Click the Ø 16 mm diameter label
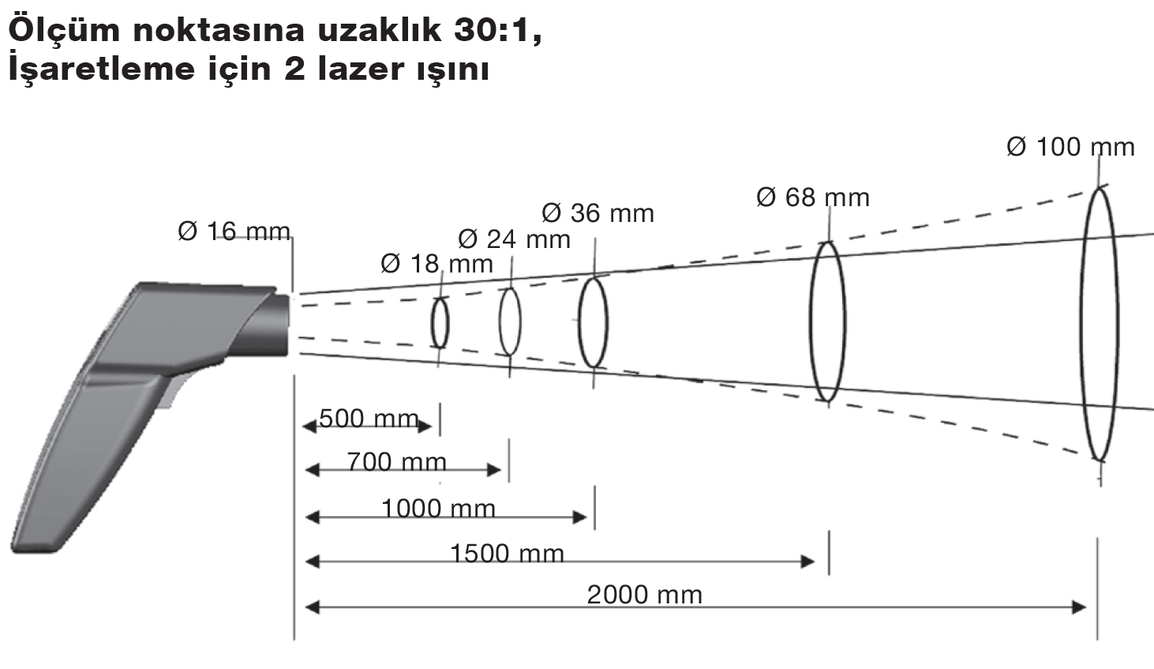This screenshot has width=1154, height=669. coord(234,231)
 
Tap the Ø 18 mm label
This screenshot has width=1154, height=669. coord(436,265)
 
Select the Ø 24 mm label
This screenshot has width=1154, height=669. coord(514,239)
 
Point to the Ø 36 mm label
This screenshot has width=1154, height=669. coord(598,213)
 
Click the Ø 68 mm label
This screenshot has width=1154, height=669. coord(813,197)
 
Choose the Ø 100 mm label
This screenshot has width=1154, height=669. coord(1070,147)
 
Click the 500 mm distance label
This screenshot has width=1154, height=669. coord(369,419)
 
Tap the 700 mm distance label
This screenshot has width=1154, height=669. coord(397,462)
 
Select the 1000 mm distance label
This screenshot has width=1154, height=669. coord(438,509)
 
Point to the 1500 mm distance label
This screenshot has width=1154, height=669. coord(508,554)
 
